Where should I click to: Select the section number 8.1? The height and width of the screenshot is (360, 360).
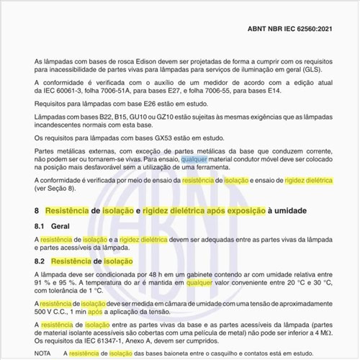[41, 225]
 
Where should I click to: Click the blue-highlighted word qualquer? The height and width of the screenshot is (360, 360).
[197, 158]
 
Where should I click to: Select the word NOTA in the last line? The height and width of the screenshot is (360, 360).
[43, 353]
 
